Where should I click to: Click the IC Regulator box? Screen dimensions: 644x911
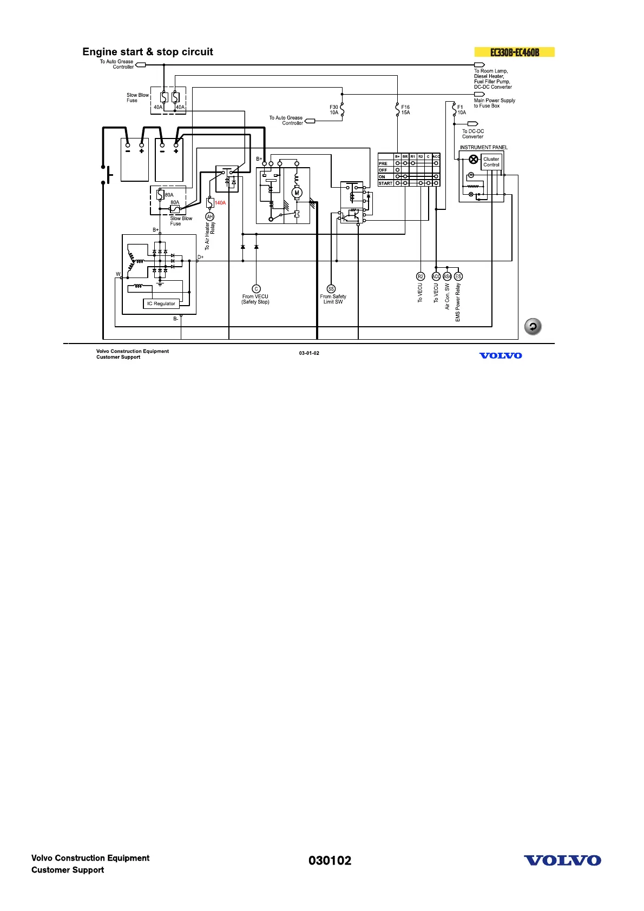point(161,303)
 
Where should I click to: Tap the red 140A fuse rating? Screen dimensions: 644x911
point(220,203)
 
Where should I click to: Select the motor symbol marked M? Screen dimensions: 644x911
point(297,193)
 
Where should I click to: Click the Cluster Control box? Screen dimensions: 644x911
point(491,162)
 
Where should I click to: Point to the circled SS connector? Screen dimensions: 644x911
point(331,289)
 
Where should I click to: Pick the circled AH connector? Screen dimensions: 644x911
point(210,216)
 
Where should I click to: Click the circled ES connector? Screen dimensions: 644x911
point(458,276)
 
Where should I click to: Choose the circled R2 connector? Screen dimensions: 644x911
point(420,276)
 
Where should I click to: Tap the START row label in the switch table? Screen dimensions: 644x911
point(385,183)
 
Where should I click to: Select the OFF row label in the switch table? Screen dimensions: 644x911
point(383,170)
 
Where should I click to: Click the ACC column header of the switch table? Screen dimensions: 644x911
point(436,156)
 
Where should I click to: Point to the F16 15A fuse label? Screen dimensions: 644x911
point(405,110)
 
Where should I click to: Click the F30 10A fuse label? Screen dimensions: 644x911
point(334,110)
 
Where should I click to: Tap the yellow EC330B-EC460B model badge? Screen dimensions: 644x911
point(514,52)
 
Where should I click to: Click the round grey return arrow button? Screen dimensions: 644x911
point(533,327)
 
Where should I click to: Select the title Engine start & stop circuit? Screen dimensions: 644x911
point(148,52)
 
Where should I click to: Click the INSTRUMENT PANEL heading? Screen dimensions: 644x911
point(483,147)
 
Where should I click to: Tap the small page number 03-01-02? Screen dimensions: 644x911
point(309,353)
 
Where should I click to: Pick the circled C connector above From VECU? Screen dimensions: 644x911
point(257,289)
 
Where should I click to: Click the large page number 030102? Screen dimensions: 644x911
point(330,861)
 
